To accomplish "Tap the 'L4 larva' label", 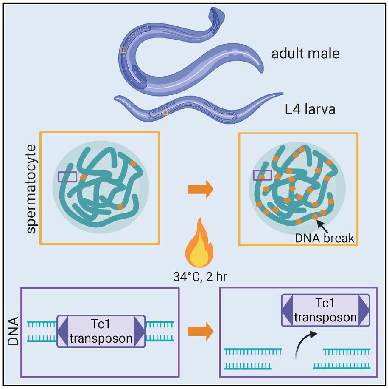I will click(x=310, y=109).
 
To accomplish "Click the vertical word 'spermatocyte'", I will click(x=31, y=188).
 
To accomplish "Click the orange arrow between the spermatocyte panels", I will click(x=199, y=189).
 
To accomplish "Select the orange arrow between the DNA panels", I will click(x=199, y=331).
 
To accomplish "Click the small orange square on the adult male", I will click(x=123, y=50).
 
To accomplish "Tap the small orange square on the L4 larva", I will click(x=165, y=113).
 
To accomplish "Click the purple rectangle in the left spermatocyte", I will click(x=67, y=176).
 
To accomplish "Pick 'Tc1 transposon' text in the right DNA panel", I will click(x=325, y=311).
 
